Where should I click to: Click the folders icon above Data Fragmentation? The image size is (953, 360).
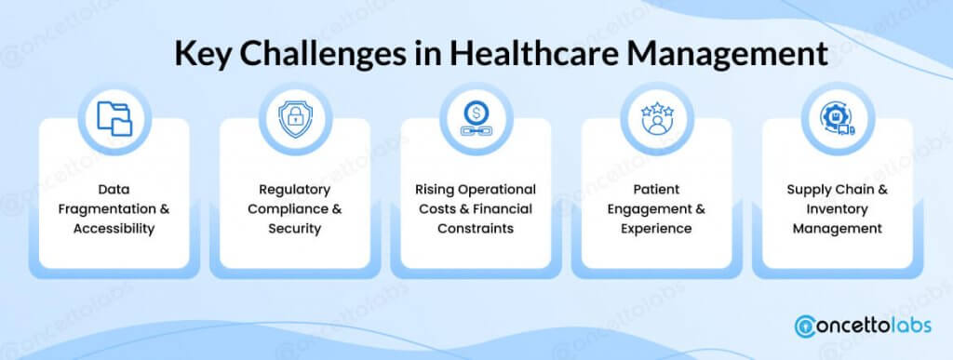pyautogui.click(x=114, y=118)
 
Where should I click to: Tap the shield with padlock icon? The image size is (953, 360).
pyautogui.click(x=295, y=118)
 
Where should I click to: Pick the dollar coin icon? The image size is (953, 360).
pyautogui.click(x=476, y=118)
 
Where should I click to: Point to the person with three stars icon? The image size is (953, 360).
pyautogui.click(x=657, y=118)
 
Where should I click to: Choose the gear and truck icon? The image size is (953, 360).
pyautogui.click(x=838, y=118)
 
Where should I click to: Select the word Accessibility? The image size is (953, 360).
pyautogui.click(x=114, y=229)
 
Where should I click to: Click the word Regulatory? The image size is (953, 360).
pyautogui.click(x=295, y=190)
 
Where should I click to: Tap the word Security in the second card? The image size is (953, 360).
pyautogui.click(x=295, y=229)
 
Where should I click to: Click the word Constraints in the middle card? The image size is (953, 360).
pyautogui.click(x=476, y=229)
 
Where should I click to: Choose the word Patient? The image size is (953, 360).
pyautogui.click(x=656, y=190)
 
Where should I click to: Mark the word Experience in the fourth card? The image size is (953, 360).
pyautogui.click(x=656, y=229)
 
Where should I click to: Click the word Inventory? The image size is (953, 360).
pyautogui.click(x=838, y=209)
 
